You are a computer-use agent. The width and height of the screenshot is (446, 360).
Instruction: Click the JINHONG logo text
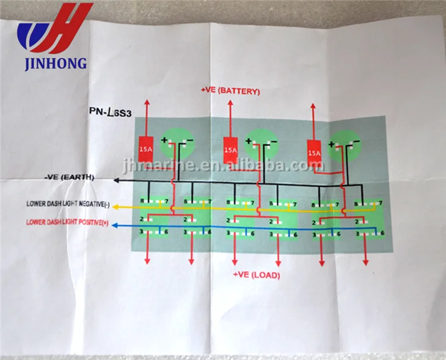point(55,63)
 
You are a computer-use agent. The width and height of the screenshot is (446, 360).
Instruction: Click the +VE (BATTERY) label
point(230,91)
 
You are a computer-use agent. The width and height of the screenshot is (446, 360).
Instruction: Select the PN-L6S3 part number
point(112,114)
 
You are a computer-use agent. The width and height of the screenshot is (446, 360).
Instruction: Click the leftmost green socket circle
point(177,144)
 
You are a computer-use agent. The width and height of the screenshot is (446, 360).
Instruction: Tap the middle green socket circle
point(261,144)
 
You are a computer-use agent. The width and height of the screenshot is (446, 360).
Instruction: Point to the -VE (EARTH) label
point(70,177)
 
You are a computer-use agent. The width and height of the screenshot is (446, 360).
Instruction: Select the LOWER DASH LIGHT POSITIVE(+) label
point(68,222)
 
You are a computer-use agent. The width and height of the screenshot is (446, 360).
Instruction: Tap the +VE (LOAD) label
point(256,275)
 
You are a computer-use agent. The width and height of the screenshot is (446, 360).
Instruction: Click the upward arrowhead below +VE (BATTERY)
point(230,104)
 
